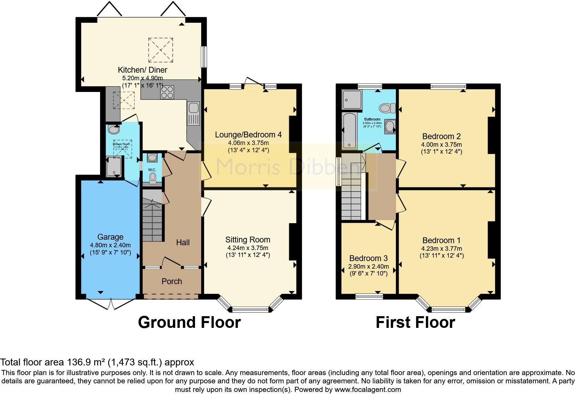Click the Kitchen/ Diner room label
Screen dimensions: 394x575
(142, 70)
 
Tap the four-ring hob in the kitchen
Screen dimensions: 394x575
(167, 92)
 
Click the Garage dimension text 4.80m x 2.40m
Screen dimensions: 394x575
(110, 245)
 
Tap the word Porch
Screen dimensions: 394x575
(172, 281)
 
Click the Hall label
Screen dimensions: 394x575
(183, 242)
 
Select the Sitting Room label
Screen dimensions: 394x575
(248, 240)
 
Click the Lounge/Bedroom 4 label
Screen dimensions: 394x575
(248, 135)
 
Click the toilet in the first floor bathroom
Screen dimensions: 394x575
(387, 108)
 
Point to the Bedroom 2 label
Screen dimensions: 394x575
(441, 136)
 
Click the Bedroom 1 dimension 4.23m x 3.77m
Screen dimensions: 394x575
(441, 249)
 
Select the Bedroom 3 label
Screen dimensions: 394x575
(368, 258)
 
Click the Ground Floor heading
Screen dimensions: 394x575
(189, 322)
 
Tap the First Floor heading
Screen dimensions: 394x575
(415, 322)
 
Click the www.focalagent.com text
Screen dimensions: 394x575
(368, 390)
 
